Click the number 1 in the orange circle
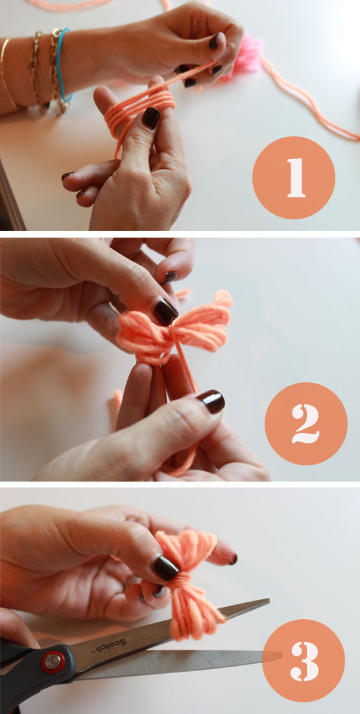296,178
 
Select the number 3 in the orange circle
305,661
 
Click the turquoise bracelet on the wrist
64,64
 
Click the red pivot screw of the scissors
53,661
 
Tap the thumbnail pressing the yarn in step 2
165,310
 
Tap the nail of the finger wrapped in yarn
150,118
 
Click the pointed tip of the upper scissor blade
269,600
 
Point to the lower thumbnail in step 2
211,401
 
